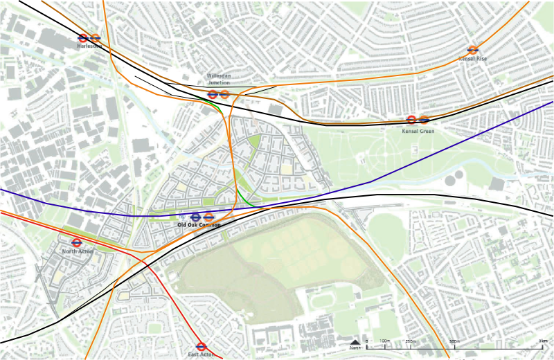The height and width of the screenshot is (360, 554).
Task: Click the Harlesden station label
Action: tap(89, 46)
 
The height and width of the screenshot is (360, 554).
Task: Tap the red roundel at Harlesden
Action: tap(83, 38)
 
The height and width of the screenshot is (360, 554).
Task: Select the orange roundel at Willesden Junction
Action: tap(224, 94)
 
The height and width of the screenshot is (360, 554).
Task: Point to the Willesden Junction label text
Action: tap(218, 79)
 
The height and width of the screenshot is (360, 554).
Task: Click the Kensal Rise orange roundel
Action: tap(473, 50)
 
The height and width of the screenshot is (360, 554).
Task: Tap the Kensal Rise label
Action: tap(473, 59)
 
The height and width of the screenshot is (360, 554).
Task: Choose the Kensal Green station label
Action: tap(418, 130)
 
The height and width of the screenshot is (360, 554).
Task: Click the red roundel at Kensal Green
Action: tap(411, 120)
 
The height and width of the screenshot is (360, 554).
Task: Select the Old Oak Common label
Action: tap(199, 226)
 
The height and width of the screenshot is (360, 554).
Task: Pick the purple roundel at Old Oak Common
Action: tap(195, 217)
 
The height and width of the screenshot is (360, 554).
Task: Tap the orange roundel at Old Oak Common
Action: tap(208, 217)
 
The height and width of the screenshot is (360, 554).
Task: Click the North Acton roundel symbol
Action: tap(77, 243)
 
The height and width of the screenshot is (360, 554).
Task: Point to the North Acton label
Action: tap(77, 251)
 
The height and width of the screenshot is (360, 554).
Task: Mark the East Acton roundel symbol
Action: tap(202, 346)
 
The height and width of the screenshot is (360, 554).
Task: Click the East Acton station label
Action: tap(202, 354)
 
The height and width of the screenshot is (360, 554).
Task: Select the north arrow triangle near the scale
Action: tap(355, 342)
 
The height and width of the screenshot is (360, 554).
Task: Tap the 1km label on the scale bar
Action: tap(544, 341)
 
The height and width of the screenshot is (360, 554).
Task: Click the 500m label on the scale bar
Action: tap(455, 341)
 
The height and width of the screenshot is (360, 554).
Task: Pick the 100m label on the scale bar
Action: tap(385, 341)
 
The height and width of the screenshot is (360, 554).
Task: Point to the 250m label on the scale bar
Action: tap(410, 341)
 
